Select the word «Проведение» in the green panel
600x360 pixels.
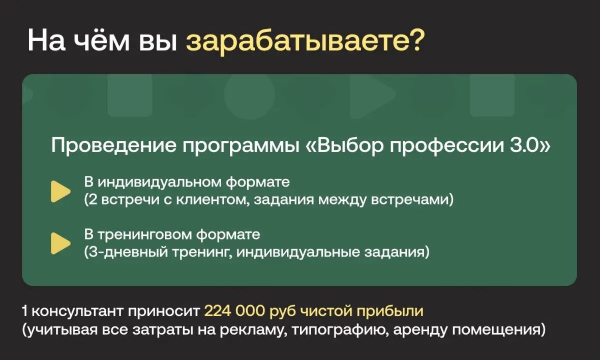(x=112, y=146)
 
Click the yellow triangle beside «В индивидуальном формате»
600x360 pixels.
(x=61, y=191)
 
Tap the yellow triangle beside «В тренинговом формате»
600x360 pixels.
(x=61, y=243)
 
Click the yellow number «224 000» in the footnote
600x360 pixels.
(x=235, y=311)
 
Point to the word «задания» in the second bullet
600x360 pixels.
(x=396, y=251)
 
